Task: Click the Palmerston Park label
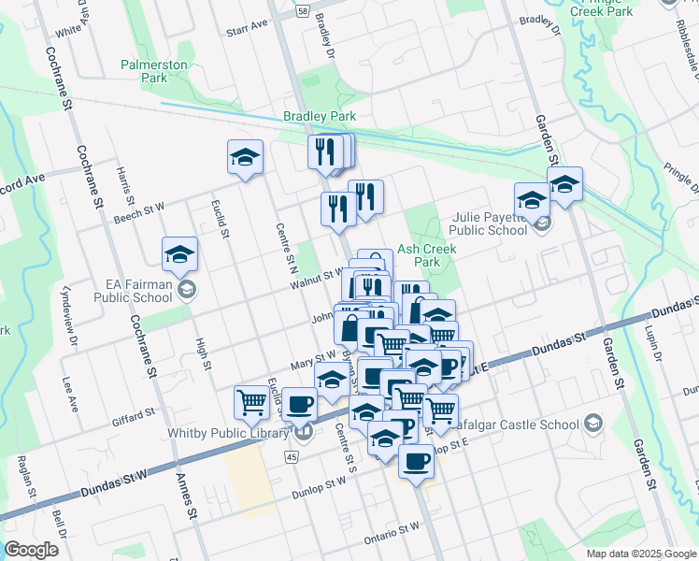[x=154, y=72]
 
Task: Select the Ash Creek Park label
[x=427, y=255]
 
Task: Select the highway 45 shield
[x=292, y=456]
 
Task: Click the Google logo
[x=31, y=550]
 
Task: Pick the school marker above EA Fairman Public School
[x=179, y=253]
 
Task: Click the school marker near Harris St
[x=245, y=157]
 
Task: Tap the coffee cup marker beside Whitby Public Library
[x=299, y=404]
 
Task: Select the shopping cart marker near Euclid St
[x=251, y=402]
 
